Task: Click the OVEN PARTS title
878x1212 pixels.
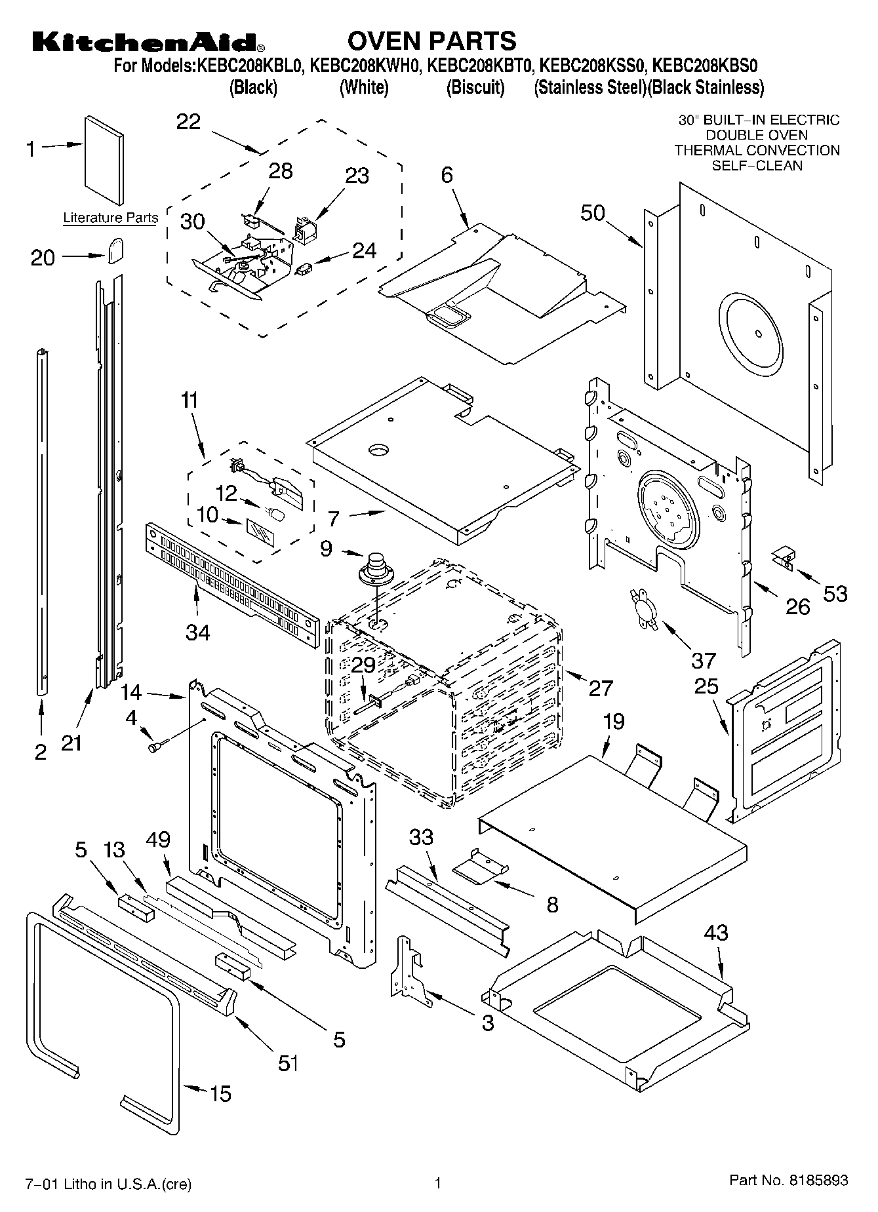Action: point(431,41)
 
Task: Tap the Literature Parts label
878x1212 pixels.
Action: point(110,218)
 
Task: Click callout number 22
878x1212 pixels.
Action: point(188,123)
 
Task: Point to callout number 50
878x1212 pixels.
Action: point(593,214)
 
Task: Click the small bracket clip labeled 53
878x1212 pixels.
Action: point(783,558)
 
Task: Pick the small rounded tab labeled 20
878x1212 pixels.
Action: point(115,250)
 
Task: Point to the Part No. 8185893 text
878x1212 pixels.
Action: point(789,1181)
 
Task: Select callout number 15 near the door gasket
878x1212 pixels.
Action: point(220,1093)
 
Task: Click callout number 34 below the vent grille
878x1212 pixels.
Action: point(198,633)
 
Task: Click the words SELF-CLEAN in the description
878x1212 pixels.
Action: point(757,165)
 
